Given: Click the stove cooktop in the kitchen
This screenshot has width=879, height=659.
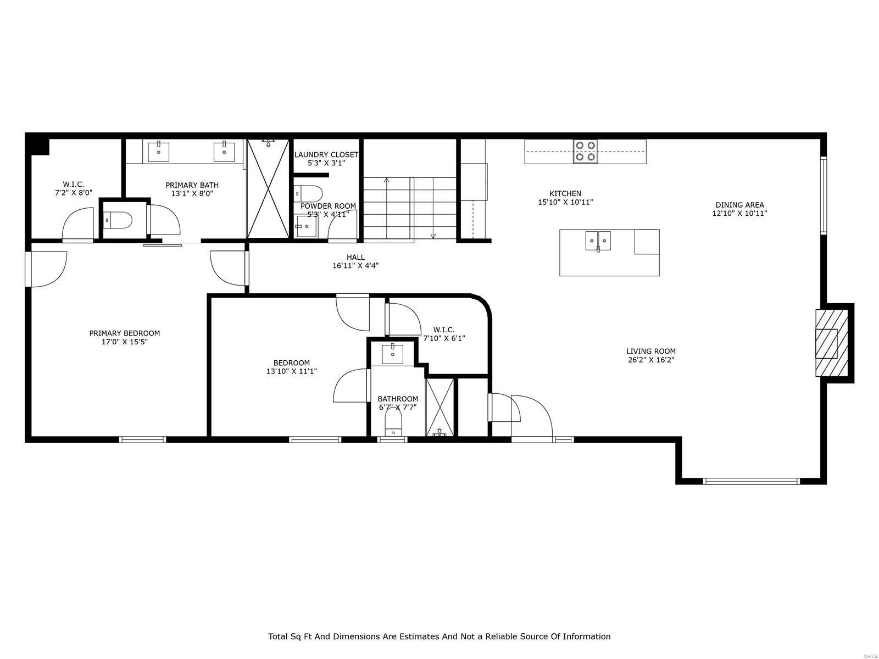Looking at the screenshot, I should coord(586,151).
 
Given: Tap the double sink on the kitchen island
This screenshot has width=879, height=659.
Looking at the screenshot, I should coord(598,241).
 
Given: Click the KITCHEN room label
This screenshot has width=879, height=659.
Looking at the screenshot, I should coord(565,193).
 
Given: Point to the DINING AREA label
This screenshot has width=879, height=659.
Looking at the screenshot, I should coord(739,205).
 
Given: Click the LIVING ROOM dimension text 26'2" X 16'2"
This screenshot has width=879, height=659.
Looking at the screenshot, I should coord(651,360).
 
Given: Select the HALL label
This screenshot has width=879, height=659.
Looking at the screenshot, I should coord(355,257).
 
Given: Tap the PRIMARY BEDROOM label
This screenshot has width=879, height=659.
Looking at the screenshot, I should coord(125,333).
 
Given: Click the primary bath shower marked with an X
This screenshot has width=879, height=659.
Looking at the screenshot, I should coord(268,188).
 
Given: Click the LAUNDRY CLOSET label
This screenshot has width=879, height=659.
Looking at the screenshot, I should coord(326,155).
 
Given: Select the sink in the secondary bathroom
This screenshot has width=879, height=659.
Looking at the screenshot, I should coord(393,353).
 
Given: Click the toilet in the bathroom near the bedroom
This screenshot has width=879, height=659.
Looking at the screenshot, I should coord(393,423).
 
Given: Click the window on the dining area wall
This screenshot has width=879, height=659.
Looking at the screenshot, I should coord(823,196).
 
